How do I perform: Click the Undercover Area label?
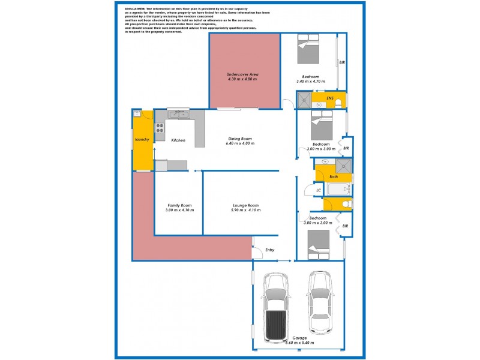tap(242, 74)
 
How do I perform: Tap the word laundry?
tap(142, 140)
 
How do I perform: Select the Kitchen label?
tap(178, 140)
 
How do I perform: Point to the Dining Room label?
tap(239, 139)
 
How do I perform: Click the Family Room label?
tap(179, 205)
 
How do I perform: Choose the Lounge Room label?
tap(246, 205)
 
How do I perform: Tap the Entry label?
tap(270, 250)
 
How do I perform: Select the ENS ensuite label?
tap(330, 98)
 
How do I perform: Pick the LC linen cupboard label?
tap(319, 191)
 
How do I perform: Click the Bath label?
tap(334, 177)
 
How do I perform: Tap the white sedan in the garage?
tap(320, 304)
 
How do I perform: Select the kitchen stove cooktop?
tap(160, 127)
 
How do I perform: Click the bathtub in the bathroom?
tap(339, 190)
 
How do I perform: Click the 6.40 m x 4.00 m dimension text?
tap(239, 144)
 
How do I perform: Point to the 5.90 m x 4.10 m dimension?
tap(246, 211)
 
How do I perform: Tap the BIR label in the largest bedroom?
tap(342, 62)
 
